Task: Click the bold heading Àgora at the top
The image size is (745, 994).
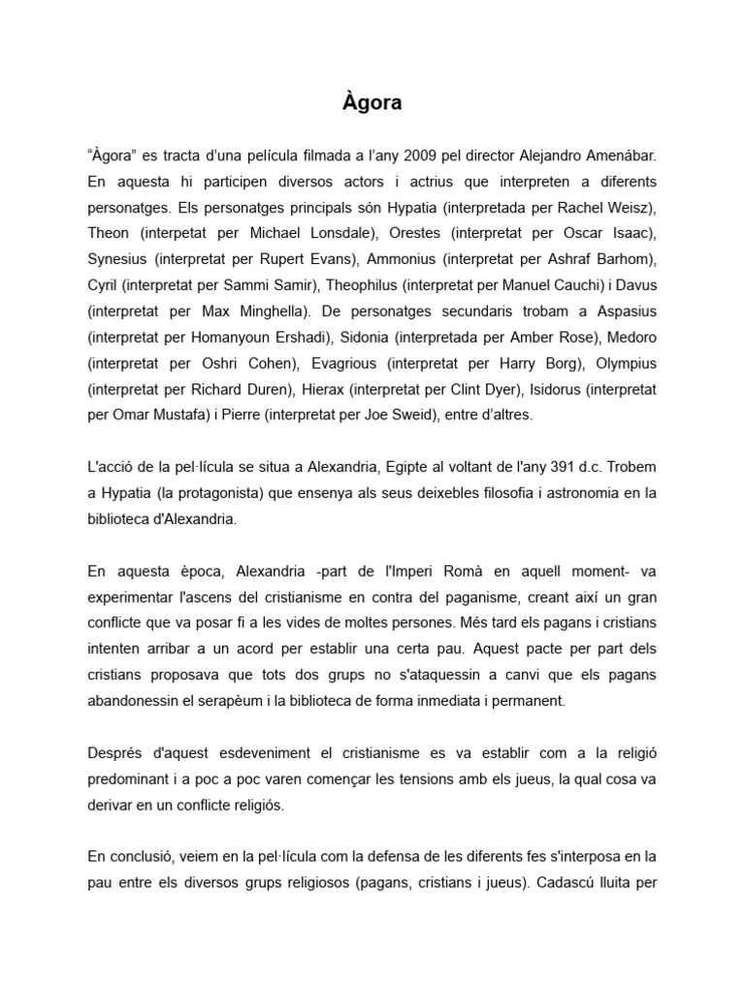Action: (372, 102)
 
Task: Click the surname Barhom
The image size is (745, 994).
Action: (624, 259)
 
